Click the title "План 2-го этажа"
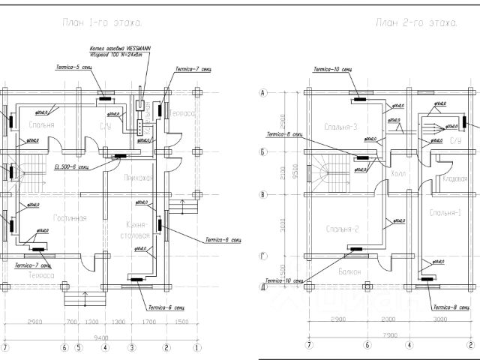pyautogui.click(x=417, y=24)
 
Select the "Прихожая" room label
pyautogui.click(x=136, y=178)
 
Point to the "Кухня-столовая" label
pyautogui.click(x=137, y=229)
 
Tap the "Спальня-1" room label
pyautogui.click(x=445, y=213)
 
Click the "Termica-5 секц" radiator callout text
pyautogui.click(x=73, y=68)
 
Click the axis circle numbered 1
pyautogui.click(x=196, y=348)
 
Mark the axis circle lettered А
pyautogui.click(x=263, y=93)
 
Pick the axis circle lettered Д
pyautogui.click(x=263, y=286)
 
